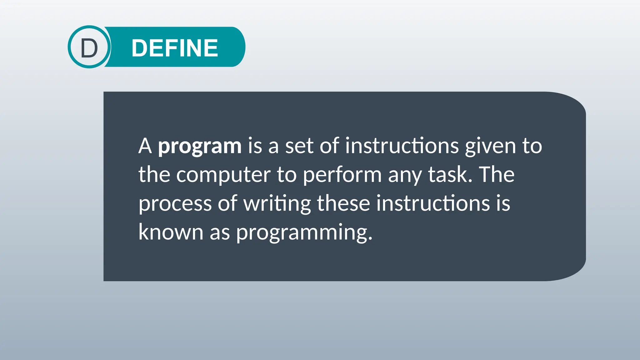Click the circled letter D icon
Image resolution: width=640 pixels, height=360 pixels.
(x=89, y=47)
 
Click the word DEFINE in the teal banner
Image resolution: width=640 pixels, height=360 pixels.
(x=175, y=48)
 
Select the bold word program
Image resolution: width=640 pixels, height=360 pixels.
(x=200, y=146)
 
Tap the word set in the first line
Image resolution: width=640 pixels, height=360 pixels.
(x=299, y=146)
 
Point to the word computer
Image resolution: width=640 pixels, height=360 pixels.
(x=223, y=175)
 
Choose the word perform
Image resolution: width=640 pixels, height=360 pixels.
(x=342, y=175)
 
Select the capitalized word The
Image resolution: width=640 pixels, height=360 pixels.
(x=497, y=174)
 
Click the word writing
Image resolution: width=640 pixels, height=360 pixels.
(x=277, y=203)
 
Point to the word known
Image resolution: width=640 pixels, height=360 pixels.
(x=171, y=232)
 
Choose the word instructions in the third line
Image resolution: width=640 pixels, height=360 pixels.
(x=433, y=203)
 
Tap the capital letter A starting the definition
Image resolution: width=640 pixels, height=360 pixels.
(x=145, y=146)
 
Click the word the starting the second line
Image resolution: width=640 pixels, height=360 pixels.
(x=154, y=174)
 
